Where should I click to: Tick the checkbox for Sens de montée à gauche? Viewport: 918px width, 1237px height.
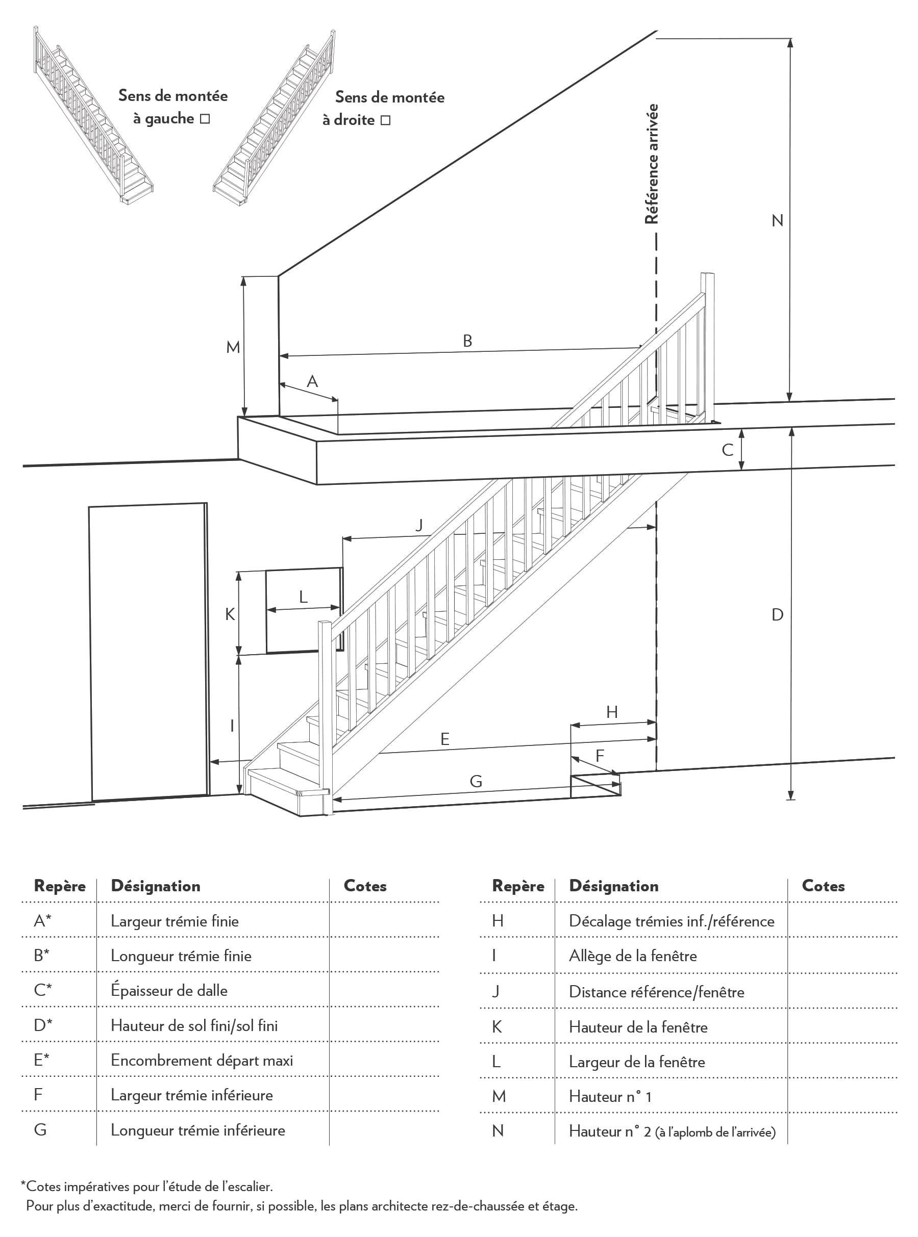click(205, 119)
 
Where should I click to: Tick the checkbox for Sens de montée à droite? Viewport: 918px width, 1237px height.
click(386, 120)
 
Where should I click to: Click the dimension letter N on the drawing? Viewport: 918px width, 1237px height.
click(777, 221)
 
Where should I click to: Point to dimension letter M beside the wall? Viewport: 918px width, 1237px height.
click(233, 348)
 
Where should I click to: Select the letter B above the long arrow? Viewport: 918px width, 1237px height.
click(467, 341)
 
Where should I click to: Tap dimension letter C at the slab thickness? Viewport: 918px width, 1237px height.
click(727, 450)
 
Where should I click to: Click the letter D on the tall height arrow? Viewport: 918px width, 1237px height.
click(777, 614)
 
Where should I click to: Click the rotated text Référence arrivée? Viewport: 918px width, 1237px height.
click(651, 164)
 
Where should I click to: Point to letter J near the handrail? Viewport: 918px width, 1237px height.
click(419, 525)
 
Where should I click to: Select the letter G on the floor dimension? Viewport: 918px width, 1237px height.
click(476, 781)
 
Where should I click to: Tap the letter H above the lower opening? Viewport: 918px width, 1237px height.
click(612, 712)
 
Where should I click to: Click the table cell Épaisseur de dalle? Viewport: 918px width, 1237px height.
click(169, 991)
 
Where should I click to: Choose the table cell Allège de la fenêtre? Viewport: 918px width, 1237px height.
click(632, 956)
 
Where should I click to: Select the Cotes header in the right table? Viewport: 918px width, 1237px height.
click(823, 886)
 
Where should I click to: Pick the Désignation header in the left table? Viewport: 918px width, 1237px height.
click(156, 886)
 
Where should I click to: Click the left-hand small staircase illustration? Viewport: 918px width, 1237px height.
click(93, 114)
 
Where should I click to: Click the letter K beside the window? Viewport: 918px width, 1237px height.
click(230, 614)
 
